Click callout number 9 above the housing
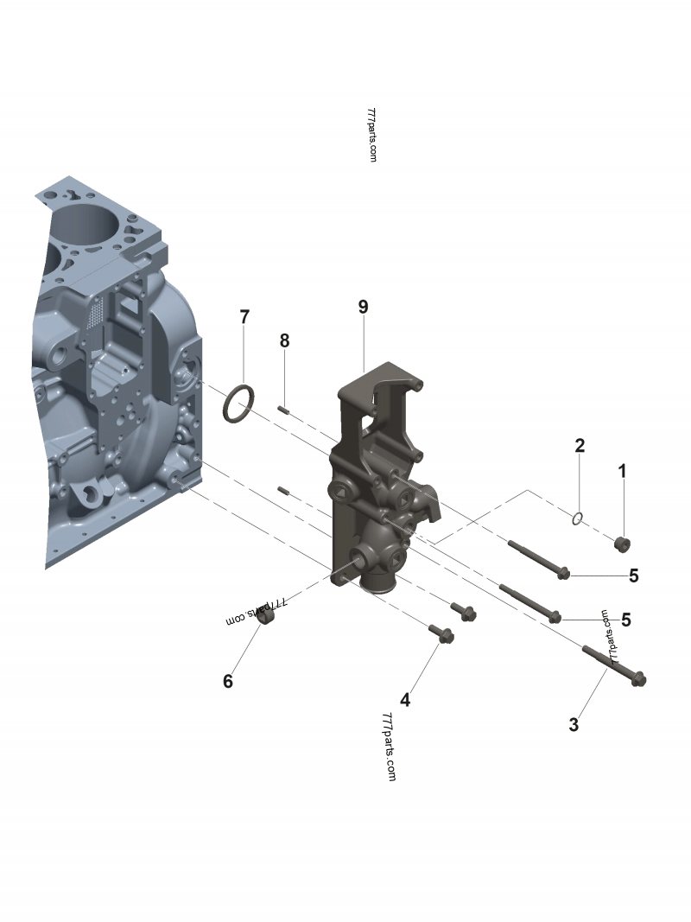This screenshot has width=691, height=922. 363,307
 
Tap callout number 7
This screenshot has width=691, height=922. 244,317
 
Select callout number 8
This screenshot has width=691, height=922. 284,340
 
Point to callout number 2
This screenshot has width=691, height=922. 580,445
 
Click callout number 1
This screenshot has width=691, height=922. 622,471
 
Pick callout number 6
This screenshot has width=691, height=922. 228,681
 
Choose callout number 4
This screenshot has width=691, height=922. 405,700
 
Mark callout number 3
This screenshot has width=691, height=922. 574,724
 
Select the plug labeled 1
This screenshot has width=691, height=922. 622,544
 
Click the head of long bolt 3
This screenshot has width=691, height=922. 638,679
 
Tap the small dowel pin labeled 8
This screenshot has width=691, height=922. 283,409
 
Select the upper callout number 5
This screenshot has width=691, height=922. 633,575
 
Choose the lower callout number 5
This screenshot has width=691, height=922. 625,620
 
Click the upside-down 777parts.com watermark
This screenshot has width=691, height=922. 257,612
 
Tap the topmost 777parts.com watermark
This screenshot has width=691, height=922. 371,135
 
